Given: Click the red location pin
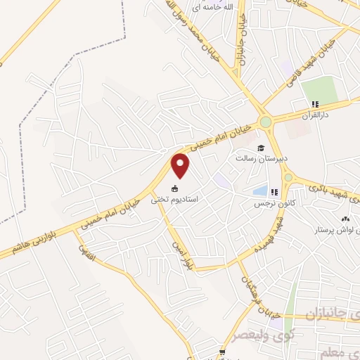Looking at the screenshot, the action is coord(181,165).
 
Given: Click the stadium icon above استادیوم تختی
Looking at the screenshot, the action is coord(175,189).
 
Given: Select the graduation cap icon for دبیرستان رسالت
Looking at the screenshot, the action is coord(261,148).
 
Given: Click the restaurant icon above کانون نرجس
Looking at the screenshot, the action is coord(274,191).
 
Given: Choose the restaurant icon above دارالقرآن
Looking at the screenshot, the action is coord(316,104).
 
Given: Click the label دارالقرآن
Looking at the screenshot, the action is coord(316,115).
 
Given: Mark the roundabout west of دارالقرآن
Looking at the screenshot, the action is coord(266,122).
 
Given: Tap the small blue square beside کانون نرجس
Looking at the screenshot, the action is coord(259,191).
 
